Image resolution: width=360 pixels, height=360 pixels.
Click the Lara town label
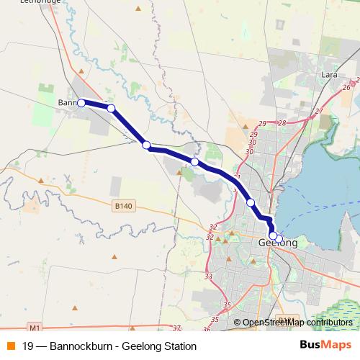coord(330,75)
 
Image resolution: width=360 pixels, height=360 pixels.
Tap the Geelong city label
coord(277,244)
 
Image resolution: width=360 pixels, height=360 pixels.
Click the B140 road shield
coord(124,206)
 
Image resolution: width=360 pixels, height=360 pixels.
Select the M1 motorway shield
coord(32,325)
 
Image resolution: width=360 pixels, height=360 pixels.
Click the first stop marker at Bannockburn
coord(81,103)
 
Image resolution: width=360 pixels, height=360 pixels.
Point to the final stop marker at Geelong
coord(279,239)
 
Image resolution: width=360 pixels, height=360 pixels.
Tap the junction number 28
coord(282,123)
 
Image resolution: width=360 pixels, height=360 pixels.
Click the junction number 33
coord(209,276)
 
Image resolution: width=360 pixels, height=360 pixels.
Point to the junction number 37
coord(176,328)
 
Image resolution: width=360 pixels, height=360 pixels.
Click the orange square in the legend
coord(11,346)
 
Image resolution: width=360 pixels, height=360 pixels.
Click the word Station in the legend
coord(179,346)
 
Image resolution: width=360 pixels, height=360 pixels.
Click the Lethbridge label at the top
coord(40,2)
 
